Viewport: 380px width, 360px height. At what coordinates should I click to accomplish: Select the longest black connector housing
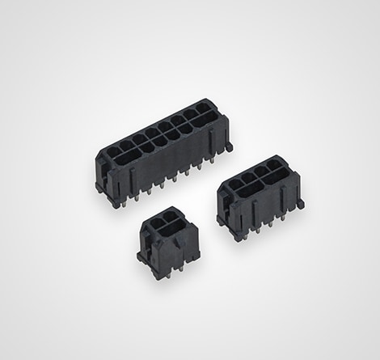(x=162, y=158)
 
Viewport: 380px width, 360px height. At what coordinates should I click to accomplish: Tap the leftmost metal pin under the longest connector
(x=115, y=202)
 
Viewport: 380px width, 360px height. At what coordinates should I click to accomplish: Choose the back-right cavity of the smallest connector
(x=172, y=215)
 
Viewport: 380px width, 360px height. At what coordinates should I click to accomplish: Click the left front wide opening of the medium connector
(x=248, y=193)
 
